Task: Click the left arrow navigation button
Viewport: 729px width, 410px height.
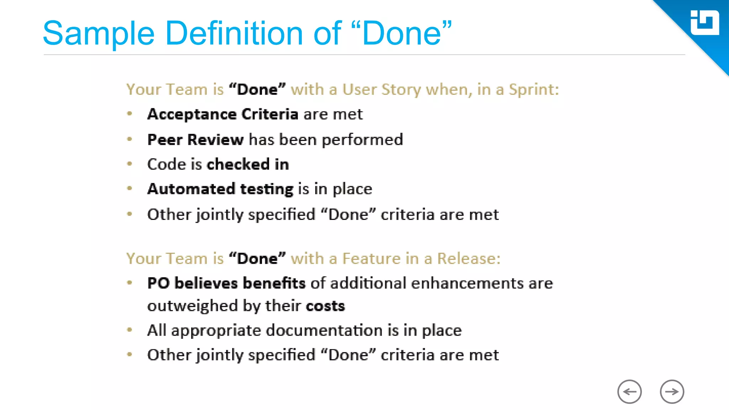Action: (x=629, y=391)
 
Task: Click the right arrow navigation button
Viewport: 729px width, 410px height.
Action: (x=672, y=391)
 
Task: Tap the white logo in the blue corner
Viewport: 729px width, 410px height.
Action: (x=704, y=23)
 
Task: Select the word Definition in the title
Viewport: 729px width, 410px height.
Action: (x=234, y=33)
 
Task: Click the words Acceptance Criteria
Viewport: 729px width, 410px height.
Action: (x=222, y=114)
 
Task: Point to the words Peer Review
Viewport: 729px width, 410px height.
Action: (x=195, y=140)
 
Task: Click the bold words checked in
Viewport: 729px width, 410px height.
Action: (x=248, y=164)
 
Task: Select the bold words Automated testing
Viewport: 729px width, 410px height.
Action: (x=220, y=189)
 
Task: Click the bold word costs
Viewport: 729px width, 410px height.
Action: (x=325, y=306)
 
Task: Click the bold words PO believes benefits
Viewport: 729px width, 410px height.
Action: (x=226, y=283)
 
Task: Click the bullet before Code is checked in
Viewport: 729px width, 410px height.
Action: (x=130, y=164)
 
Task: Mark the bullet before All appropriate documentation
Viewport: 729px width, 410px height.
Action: (x=130, y=330)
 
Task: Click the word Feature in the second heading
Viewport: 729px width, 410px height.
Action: (x=371, y=258)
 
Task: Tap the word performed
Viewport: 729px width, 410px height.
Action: (x=362, y=140)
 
